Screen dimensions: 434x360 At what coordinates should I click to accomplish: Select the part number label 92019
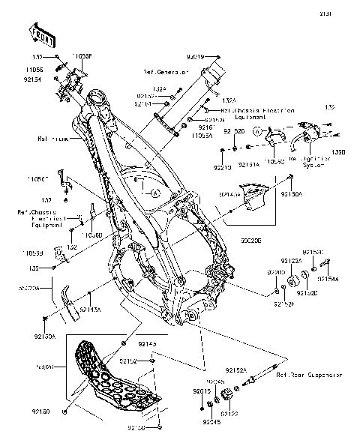pyautogui.click(x=194, y=56)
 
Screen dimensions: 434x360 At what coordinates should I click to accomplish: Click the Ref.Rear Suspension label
pyautogui.click(x=308, y=374)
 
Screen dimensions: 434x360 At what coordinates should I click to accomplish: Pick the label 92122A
pyautogui.click(x=291, y=260)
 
